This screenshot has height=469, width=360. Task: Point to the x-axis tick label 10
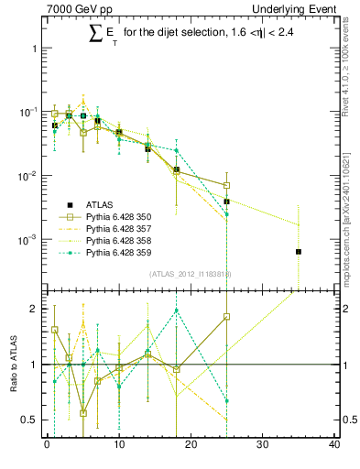coord(118,446)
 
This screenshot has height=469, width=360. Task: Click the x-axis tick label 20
coord(191,446)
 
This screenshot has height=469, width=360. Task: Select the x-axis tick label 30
coord(262,446)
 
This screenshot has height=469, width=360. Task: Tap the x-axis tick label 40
coord(333,446)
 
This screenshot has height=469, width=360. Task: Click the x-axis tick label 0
coord(47,446)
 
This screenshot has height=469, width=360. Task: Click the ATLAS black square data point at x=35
coord(299,251)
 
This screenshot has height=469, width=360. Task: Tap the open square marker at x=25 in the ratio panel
coord(226,317)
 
